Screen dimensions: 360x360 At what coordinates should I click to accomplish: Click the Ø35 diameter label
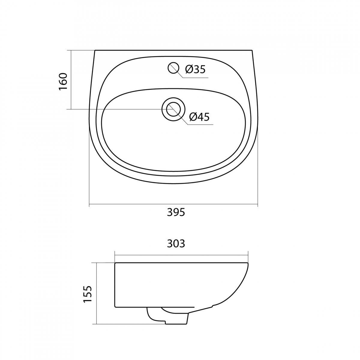(195, 69)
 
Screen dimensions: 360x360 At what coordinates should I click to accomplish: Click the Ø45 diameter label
(199, 117)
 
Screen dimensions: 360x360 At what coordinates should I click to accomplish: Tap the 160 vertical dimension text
(63, 82)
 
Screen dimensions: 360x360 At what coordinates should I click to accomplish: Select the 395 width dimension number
(176, 212)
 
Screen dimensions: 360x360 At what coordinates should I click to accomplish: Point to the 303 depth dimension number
(176, 244)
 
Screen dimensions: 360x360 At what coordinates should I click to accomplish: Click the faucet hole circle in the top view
(173, 68)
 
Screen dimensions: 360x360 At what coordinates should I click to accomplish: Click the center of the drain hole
(173, 109)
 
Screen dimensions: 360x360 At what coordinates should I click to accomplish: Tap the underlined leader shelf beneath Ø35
(195, 77)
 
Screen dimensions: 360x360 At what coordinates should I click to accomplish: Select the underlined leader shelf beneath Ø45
(200, 124)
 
